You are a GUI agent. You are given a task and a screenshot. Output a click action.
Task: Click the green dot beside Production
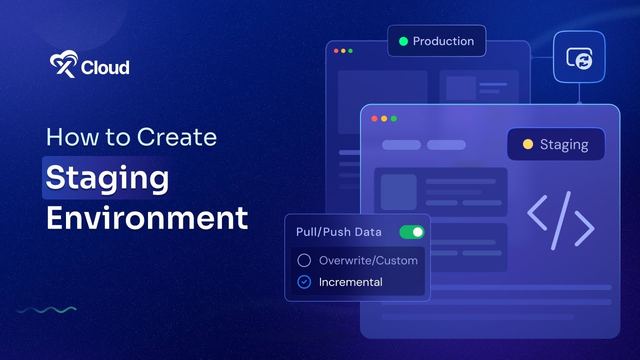pyautogui.click(x=403, y=41)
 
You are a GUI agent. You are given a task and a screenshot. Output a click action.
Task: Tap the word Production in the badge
pyautogui.click(x=443, y=41)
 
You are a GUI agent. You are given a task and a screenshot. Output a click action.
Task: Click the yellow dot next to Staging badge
pyautogui.click(x=528, y=144)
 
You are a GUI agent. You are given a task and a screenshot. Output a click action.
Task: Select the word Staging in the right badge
pyautogui.click(x=564, y=145)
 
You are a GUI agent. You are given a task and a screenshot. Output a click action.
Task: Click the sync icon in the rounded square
pyautogui.click(x=580, y=58)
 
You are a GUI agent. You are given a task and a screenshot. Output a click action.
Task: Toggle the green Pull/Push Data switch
pyautogui.click(x=412, y=232)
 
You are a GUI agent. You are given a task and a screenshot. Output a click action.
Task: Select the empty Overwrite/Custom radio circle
pyautogui.click(x=304, y=260)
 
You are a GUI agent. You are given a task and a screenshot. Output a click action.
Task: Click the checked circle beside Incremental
pyautogui.click(x=304, y=282)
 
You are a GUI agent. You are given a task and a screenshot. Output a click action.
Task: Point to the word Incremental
pyautogui.click(x=351, y=282)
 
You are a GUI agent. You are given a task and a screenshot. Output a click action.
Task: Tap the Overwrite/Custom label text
pyautogui.click(x=368, y=260)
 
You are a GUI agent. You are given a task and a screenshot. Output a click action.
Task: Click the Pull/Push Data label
pyautogui.click(x=339, y=232)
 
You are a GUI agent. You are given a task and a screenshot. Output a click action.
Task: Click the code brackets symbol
pyautogui.click(x=560, y=220)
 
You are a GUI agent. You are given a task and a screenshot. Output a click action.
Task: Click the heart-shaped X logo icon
pyautogui.click(x=64, y=64)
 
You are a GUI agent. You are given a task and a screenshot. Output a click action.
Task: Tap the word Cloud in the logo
pyautogui.click(x=105, y=67)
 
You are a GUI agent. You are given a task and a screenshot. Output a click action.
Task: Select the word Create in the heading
pyautogui.click(x=177, y=137)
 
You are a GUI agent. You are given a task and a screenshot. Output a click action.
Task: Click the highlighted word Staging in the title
pyautogui.click(x=107, y=178)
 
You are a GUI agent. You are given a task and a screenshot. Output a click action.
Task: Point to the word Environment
pyautogui.click(x=147, y=218)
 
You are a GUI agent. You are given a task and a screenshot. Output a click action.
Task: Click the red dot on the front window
pyautogui.click(x=374, y=119)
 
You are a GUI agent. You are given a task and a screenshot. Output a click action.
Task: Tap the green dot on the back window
pyautogui.click(x=350, y=51)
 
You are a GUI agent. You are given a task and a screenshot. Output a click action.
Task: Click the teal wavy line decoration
pyautogui.click(x=47, y=310)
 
